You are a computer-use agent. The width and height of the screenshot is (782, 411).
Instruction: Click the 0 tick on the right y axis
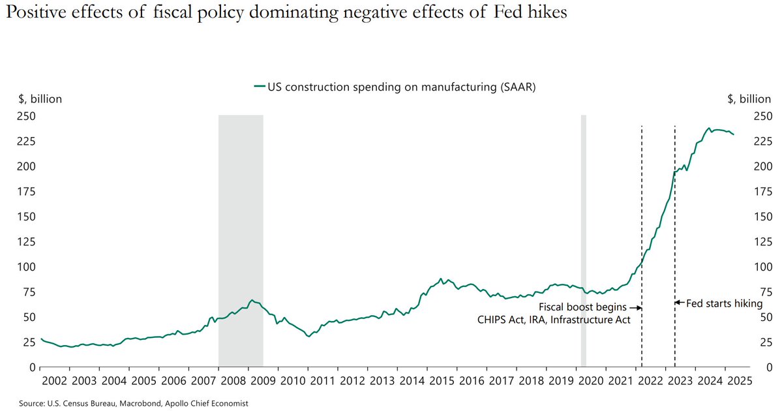[757, 367]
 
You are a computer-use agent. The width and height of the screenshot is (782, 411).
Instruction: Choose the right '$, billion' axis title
[749, 99]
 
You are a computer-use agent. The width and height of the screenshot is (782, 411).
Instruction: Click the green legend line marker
[259, 86]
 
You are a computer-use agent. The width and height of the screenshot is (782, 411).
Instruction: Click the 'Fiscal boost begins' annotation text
[582, 307]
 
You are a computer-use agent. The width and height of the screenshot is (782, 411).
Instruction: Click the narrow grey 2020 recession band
[584, 241]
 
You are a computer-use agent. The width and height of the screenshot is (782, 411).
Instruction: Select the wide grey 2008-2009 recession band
[241, 241]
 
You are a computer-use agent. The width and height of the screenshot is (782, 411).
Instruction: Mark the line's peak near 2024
[709, 129]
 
